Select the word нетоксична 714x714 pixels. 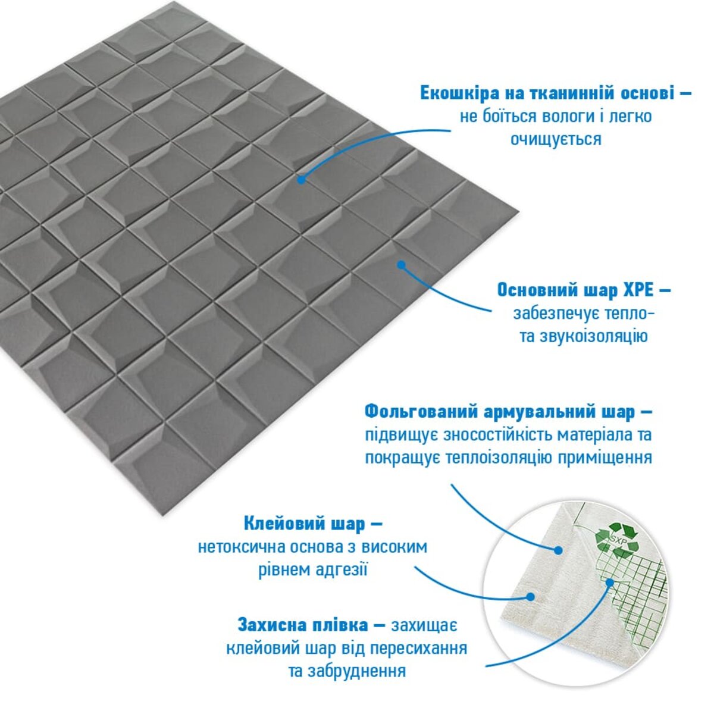click(x=245, y=547)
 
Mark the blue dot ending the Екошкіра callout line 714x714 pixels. click(x=301, y=180)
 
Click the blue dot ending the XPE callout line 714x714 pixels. click(x=401, y=265)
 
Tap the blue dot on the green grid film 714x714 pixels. click(x=609, y=593)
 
